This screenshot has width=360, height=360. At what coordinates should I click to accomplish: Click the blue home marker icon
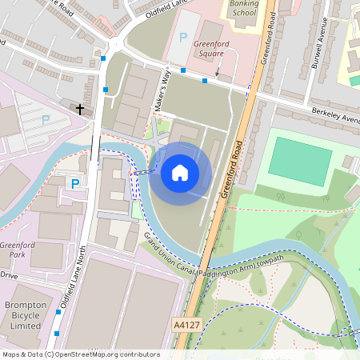tap(180, 172)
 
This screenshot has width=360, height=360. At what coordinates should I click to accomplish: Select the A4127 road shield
tap(185, 326)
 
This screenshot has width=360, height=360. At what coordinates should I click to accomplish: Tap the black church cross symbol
tap(80, 108)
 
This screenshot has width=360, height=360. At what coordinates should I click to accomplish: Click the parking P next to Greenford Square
tap(183, 37)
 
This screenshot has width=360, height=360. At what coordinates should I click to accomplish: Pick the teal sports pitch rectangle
tap(299, 161)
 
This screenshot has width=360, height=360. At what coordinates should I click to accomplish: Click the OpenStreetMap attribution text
tap(80, 354)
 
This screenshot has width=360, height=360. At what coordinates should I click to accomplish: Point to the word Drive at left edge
tap(8, 274)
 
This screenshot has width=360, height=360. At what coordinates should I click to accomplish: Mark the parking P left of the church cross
tap(46, 119)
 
